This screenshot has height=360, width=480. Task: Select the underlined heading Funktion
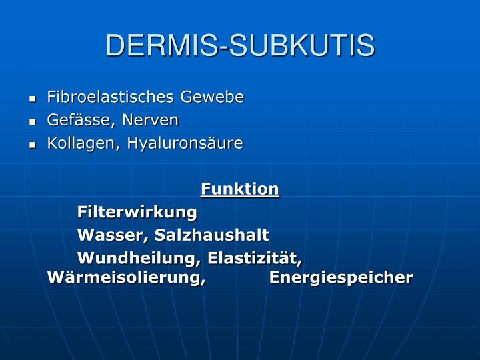(240, 189)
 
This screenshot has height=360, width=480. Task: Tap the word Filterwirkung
(137, 213)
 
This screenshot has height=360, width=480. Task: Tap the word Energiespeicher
(341, 277)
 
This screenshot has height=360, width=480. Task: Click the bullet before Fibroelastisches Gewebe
(32, 99)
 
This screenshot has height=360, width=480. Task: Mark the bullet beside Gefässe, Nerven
(32, 121)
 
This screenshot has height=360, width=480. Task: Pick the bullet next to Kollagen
(32, 145)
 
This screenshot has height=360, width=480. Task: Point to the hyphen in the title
(226, 48)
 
